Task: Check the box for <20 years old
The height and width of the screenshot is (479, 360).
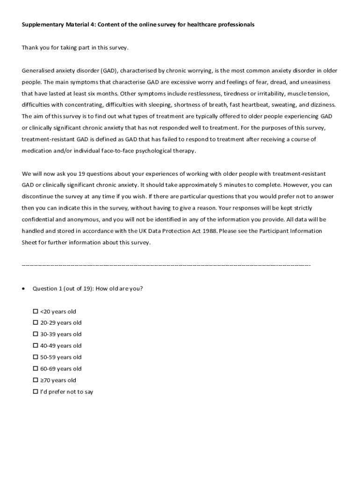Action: click(x=36, y=312)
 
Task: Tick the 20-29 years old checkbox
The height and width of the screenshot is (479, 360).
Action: click(x=36, y=323)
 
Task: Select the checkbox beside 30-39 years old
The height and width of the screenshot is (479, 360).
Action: click(x=36, y=334)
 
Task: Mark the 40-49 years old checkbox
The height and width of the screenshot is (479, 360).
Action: click(x=36, y=346)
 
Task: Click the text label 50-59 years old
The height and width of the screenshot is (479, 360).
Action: click(x=61, y=357)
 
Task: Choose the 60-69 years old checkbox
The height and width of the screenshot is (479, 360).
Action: click(x=36, y=369)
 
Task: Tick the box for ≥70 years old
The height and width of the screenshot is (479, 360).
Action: click(x=36, y=380)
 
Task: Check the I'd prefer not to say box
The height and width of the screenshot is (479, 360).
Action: click(x=36, y=392)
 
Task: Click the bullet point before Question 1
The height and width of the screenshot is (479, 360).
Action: click(x=24, y=289)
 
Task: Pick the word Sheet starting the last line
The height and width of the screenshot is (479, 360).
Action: click(x=30, y=242)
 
